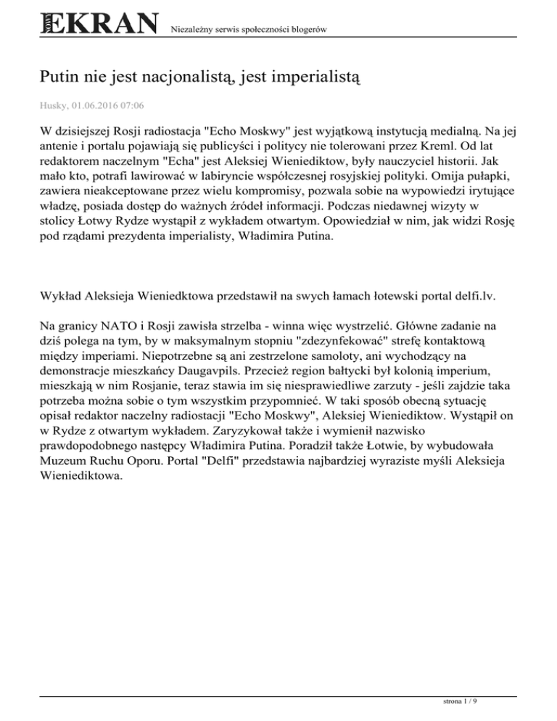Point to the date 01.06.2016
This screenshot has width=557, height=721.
point(98,105)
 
